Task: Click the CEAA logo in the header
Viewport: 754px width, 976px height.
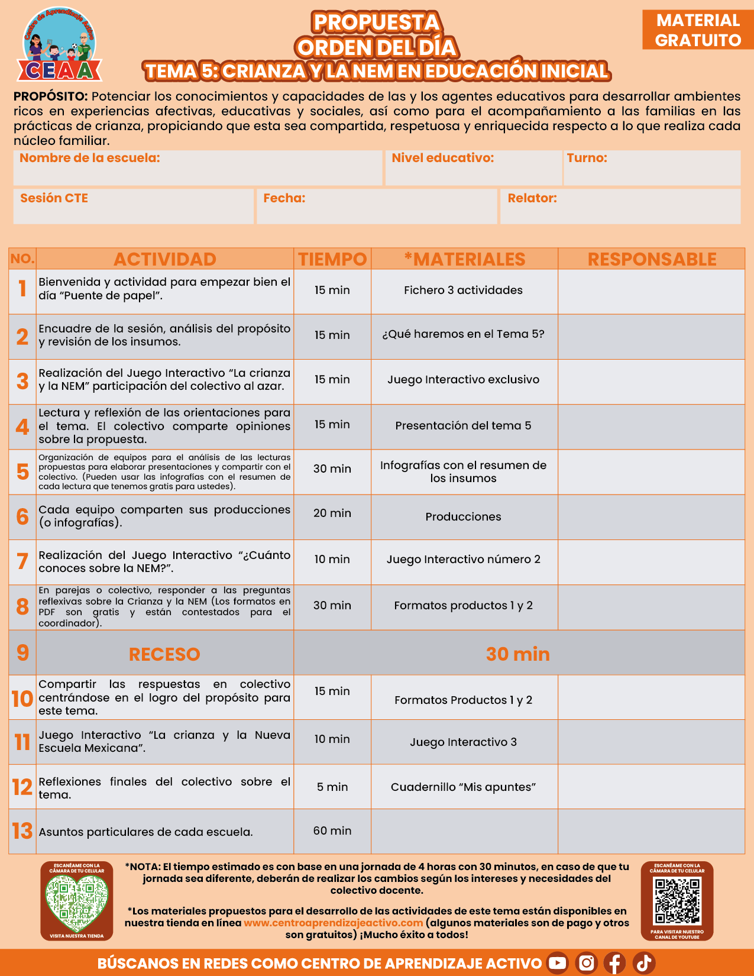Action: pos(59,46)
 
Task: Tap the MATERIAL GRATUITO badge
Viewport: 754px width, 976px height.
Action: pos(698,30)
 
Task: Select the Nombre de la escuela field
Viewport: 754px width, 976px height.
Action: pos(198,167)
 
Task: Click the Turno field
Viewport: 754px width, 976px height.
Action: pos(652,167)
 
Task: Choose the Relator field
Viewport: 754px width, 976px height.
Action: pos(620,206)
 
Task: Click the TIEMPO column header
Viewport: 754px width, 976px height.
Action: pos(332,259)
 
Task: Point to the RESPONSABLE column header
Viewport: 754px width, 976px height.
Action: pos(652,259)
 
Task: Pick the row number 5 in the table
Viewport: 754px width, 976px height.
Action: pos(22,472)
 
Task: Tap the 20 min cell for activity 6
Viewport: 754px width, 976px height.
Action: pos(332,513)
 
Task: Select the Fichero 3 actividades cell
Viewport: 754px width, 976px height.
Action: pos(464,290)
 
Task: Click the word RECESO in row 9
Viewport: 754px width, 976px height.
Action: pos(164,654)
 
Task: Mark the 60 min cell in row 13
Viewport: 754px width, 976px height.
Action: pos(332,831)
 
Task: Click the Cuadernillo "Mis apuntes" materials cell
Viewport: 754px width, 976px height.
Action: pos(464,787)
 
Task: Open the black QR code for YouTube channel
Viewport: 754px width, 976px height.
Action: pos(677,901)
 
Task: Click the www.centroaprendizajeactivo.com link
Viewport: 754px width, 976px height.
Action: pos(333,923)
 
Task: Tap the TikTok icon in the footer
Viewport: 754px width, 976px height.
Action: pos(644,963)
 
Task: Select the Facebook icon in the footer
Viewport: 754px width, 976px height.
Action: pos(614,963)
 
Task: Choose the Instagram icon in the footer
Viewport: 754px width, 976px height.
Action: pos(586,963)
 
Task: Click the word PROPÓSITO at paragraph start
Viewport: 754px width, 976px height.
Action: pos(51,96)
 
